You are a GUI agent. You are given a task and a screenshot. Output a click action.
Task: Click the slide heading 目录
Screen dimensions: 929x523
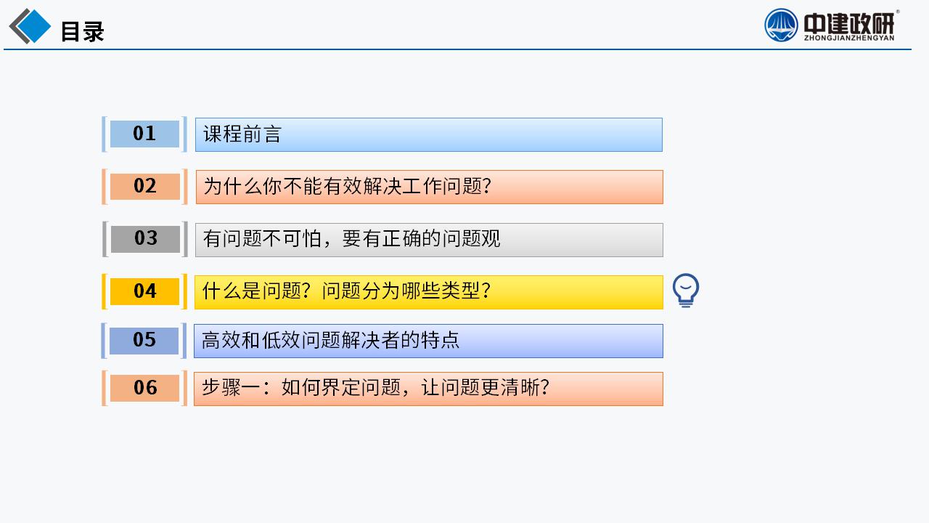click(83, 31)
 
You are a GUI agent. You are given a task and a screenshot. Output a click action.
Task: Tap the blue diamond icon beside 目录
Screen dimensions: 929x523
click(33, 25)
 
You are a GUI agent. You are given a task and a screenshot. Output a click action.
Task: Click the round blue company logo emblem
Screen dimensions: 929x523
click(781, 25)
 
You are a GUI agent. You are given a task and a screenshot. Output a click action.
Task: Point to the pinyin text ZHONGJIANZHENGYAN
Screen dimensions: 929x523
click(849, 38)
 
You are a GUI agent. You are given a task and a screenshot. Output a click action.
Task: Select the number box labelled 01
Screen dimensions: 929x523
click(144, 134)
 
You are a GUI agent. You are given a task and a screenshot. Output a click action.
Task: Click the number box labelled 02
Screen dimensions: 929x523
click(144, 187)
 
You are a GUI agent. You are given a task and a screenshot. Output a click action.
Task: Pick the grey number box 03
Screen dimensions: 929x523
click(145, 239)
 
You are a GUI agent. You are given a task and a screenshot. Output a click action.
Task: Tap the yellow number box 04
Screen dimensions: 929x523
click(144, 291)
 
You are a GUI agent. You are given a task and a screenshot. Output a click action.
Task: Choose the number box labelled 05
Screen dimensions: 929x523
click(144, 341)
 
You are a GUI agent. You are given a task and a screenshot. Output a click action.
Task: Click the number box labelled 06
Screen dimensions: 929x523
click(144, 388)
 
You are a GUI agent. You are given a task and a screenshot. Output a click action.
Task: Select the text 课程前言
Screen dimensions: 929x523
click(242, 134)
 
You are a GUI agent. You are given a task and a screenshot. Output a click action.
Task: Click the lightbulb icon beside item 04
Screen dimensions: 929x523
click(686, 290)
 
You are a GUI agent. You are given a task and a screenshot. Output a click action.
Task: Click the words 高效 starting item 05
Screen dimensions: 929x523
click(221, 340)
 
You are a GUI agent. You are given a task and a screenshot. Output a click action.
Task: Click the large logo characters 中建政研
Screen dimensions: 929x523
click(849, 23)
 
